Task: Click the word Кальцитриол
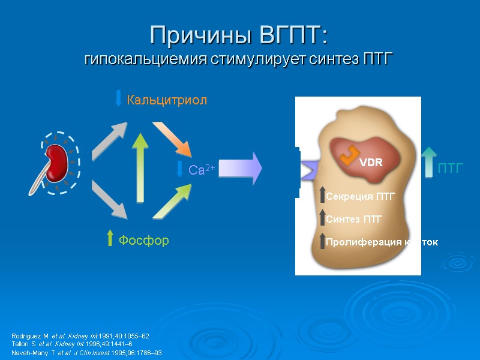pos(166,100)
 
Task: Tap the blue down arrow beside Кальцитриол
pos(118,98)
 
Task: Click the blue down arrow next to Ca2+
pos(179,169)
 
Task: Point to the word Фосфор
pos(143,241)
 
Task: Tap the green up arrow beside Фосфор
pos(109,238)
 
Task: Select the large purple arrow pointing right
pos(240,168)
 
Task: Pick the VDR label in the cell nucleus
pos(370,163)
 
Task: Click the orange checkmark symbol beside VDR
pos(348,155)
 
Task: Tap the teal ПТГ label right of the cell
pos(450,169)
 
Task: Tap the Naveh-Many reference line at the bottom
pos(86,353)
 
